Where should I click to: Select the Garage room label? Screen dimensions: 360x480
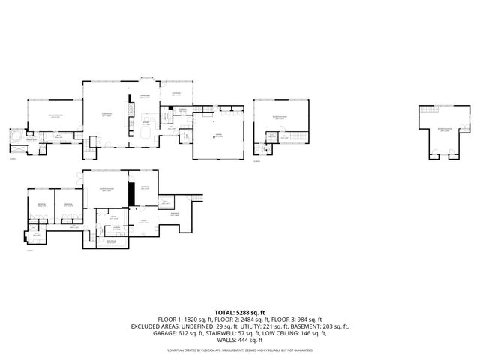tap(219, 136)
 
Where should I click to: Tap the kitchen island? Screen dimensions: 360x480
tap(143, 132)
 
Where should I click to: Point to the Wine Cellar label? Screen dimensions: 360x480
tap(111, 241)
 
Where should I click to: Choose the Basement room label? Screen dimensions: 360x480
tap(175, 214)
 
